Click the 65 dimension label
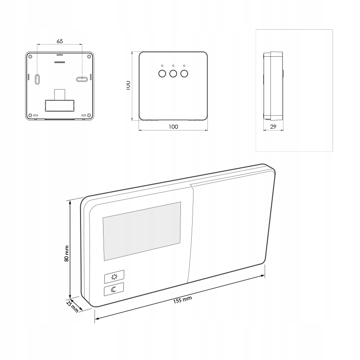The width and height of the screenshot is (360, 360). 59,41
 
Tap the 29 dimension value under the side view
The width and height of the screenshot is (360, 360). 273,127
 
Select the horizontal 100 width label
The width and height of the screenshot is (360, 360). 174,127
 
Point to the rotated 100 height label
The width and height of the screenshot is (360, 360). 128,85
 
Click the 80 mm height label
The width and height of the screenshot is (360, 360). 67,253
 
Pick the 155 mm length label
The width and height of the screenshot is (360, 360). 182,300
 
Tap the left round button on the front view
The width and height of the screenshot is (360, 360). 162,74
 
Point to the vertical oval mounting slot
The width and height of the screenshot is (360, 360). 37,79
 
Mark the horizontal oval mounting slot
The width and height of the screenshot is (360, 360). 82,79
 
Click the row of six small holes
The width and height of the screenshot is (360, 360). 59,62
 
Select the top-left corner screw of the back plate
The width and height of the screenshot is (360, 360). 30,57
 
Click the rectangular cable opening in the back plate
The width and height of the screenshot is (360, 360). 59,105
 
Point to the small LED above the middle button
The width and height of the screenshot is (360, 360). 173,66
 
